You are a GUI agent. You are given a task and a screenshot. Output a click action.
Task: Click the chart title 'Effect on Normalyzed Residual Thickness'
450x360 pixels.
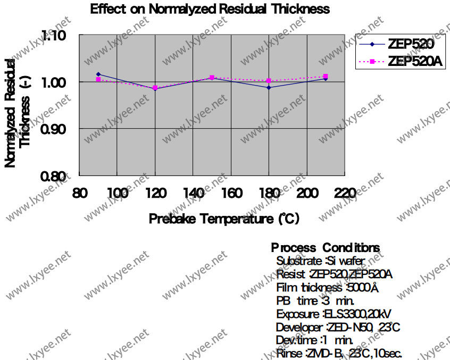click(x=210, y=9)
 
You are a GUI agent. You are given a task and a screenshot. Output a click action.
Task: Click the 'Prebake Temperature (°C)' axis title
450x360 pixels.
click(x=224, y=219)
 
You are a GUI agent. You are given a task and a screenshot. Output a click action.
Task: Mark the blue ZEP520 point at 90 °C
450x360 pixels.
click(x=98, y=74)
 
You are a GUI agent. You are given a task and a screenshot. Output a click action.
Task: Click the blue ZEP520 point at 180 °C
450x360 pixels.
click(x=269, y=87)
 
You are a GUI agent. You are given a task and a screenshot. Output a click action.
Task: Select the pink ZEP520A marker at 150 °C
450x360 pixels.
click(x=212, y=78)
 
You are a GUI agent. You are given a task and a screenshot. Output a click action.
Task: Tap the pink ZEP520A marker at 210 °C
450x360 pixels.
click(x=326, y=77)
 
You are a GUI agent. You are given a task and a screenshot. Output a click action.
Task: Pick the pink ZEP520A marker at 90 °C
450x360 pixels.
click(x=98, y=79)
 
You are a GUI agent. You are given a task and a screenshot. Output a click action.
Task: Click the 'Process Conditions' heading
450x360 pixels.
click(x=326, y=248)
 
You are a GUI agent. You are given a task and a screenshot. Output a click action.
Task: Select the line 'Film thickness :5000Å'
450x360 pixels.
click(x=327, y=288)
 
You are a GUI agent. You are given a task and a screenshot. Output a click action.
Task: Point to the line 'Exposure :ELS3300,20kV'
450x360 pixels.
click(x=334, y=314)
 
